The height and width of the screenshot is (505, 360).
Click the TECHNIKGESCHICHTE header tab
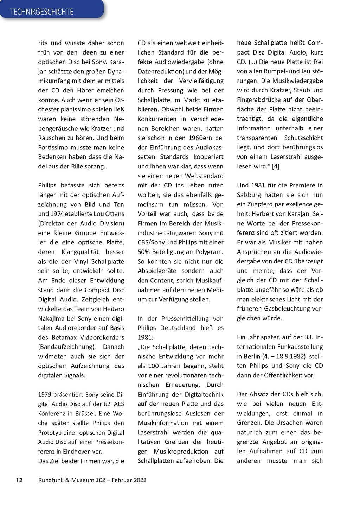42,12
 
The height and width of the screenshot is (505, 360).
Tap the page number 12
19,480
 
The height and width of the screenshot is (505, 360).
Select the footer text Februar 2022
129,480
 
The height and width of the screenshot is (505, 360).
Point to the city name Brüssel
86,414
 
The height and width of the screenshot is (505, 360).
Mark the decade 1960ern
200,138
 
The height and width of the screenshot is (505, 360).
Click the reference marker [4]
275,166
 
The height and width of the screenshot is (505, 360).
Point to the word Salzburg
249,195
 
